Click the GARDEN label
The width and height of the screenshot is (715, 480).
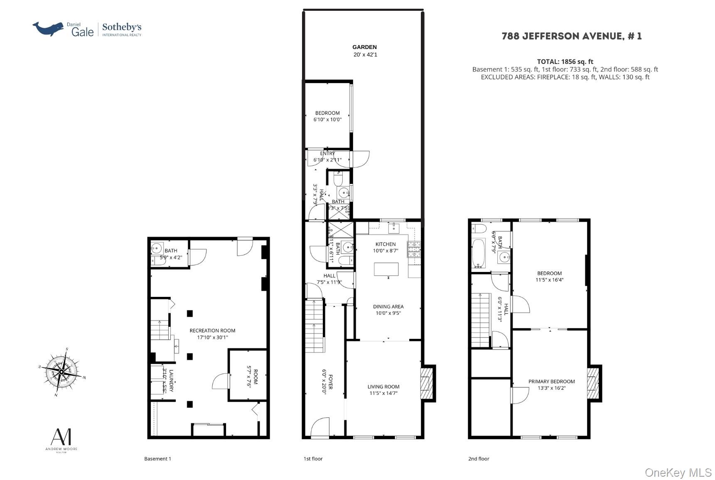[x=364, y=47]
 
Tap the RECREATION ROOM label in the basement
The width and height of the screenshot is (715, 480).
[x=212, y=331]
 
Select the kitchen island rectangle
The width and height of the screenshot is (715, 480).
[x=386, y=269]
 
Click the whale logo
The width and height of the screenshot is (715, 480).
[x=48, y=29]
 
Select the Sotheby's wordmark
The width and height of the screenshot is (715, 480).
[x=122, y=28]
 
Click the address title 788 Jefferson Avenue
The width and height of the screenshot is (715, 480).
[x=571, y=36]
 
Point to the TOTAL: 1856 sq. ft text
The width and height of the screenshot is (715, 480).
[x=565, y=61]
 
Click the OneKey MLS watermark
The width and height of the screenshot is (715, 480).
[x=678, y=473]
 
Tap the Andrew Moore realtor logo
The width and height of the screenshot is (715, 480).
[x=61, y=440]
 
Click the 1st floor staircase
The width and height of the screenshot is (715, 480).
[x=315, y=326]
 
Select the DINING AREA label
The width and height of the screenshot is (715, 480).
[x=388, y=306]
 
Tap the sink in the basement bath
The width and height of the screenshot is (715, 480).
[x=157, y=249]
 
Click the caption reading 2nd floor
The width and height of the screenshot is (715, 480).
[x=479, y=458]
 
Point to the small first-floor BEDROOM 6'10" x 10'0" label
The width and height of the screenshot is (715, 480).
[x=327, y=116]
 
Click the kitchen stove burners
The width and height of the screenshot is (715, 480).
[x=414, y=249]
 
